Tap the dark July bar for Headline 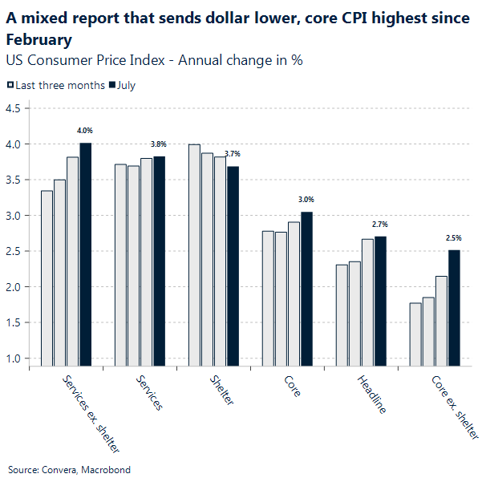pyautogui.click(x=380, y=302)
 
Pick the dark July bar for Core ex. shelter pyautogui.click(x=454, y=308)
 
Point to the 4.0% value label pyautogui.click(x=85, y=130)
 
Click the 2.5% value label pyautogui.click(x=454, y=238)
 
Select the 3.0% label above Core pyautogui.click(x=306, y=199)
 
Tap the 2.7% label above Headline pyautogui.click(x=380, y=225)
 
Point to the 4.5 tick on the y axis pyautogui.click(x=14, y=108)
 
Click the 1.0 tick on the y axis pyautogui.click(x=14, y=358)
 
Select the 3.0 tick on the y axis pyautogui.click(x=14, y=215)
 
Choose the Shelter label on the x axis pyautogui.click(x=221, y=390)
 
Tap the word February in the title pyautogui.click(x=39, y=39)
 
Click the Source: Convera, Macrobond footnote pyautogui.click(x=69, y=469)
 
